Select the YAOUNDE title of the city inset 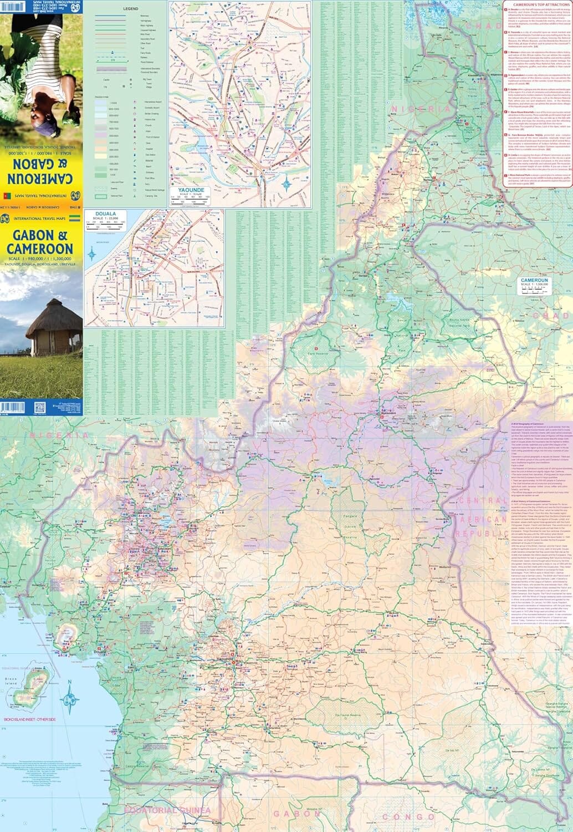tap(191, 190)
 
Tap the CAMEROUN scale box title tap(534, 281)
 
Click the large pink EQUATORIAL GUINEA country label tap(168, 810)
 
